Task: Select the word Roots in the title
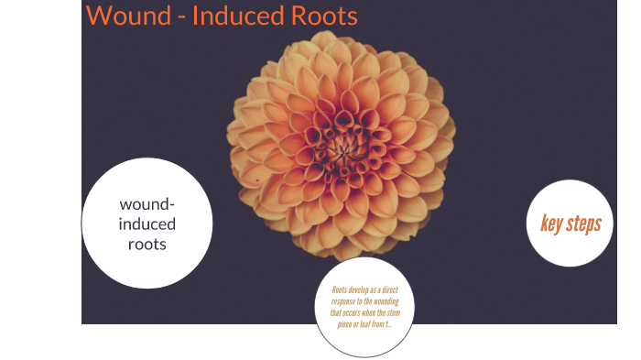point(321,16)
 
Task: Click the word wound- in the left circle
point(147,204)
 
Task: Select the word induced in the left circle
point(147,224)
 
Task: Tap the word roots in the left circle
point(147,245)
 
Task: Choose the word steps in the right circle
point(582,224)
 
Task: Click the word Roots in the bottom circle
point(339,290)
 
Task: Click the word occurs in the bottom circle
point(354,312)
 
